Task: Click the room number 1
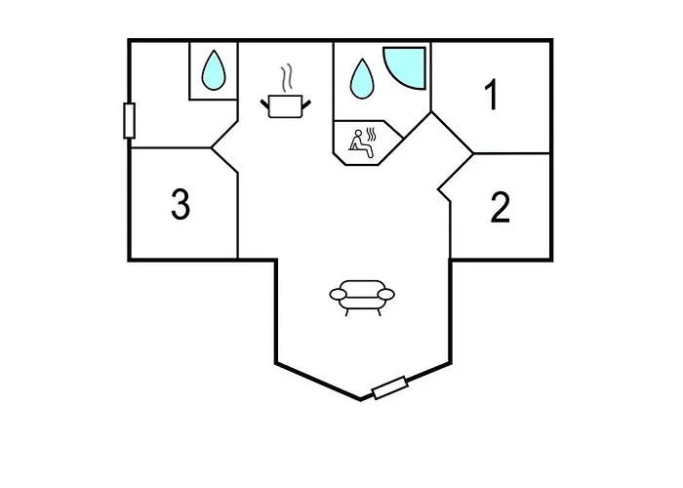click(492, 95)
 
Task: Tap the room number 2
click(500, 207)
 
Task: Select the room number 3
click(181, 203)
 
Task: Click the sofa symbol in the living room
click(362, 298)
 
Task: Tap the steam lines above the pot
click(286, 78)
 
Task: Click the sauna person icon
click(361, 143)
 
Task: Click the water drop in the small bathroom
click(214, 72)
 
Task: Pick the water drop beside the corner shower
click(362, 80)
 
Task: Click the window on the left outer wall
click(130, 121)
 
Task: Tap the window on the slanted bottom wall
click(390, 387)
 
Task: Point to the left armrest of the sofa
click(338, 295)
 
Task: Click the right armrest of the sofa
click(386, 295)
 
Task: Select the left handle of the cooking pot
click(264, 104)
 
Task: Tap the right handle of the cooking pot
click(306, 104)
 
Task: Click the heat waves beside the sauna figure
click(371, 134)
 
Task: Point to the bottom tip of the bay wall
click(361, 399)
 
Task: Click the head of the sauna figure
click(359, 133)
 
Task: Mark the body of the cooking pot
click(285, 106)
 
